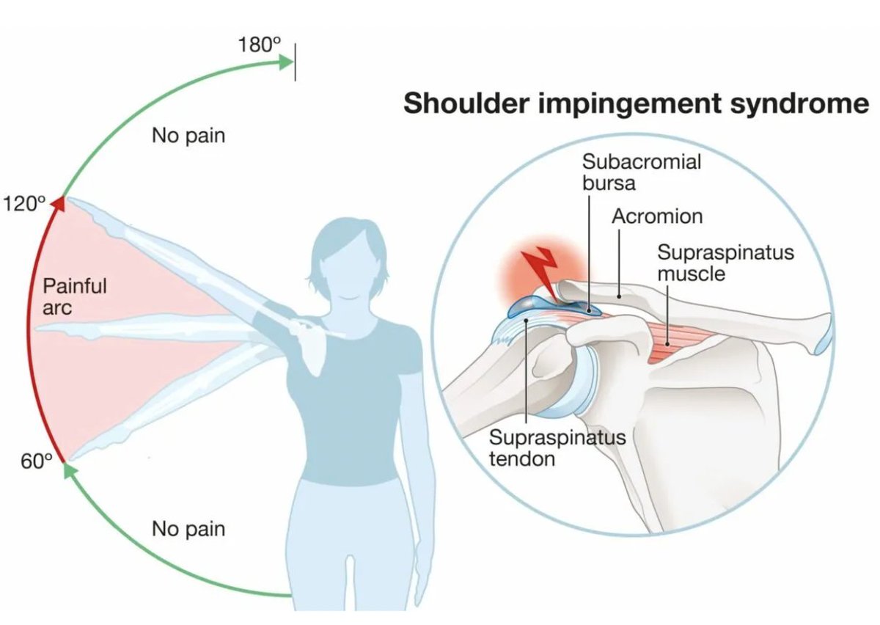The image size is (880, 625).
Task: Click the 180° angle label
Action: (x=260, y=44)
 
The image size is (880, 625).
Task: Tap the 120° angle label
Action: (x=24, y=204)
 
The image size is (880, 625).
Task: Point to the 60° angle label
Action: (x=37, y=462)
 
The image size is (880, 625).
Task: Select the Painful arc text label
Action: (x=74, y=296)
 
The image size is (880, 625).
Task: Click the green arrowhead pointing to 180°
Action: (x=285, y=62)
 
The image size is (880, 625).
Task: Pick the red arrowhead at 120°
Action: (x=58, y=203)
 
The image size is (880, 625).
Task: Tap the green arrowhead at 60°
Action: (x=67, y=469)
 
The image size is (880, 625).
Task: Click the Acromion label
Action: (x=657, y=216)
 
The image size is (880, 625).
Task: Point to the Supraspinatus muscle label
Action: (x=725, y=263)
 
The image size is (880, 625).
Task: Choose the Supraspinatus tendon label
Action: (x=557, y=448)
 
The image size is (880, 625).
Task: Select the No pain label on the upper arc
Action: (x=188, y=136)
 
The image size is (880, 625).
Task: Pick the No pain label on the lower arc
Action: (x=188, y=528)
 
